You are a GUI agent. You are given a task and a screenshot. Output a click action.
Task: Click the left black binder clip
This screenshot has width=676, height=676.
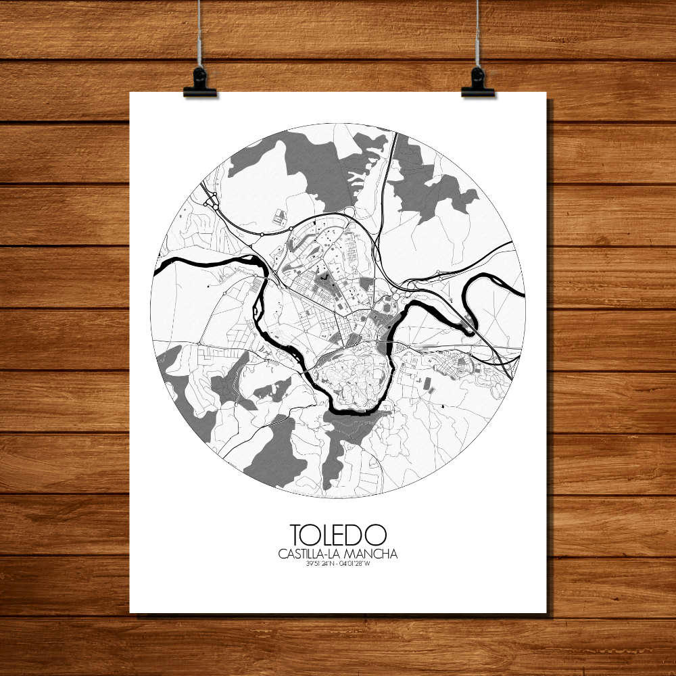click(x=199, y=84)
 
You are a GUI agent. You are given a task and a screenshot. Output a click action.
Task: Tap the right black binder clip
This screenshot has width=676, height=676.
click(x=478, y=84)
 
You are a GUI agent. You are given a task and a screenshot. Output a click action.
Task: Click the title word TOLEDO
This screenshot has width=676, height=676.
click(x=338, y=535)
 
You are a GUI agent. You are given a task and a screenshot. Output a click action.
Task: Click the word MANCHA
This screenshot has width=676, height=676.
click(x=376, y=554)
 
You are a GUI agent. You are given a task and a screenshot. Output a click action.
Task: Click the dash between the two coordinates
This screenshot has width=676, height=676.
click(x=337, y=565)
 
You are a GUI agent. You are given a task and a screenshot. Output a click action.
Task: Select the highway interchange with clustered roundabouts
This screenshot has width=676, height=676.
click(x=210, y=199)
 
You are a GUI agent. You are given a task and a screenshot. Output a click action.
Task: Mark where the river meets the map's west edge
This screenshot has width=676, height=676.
click(x=158, y=270)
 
